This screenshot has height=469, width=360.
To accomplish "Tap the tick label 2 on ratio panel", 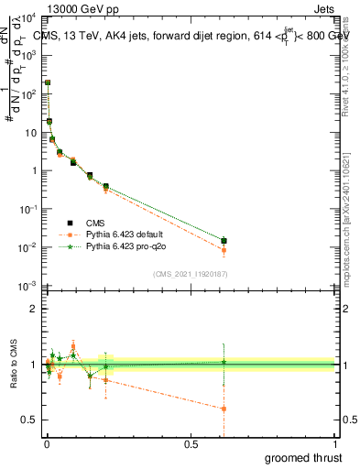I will tap(33, 309).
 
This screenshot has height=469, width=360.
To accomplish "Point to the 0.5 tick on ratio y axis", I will tap(29, 420).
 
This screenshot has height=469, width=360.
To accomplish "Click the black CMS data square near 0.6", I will tap(224, 241).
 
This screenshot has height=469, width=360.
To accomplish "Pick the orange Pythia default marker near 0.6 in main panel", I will tap(224, 250).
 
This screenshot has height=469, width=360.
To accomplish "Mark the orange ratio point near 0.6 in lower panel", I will tap(224, 409).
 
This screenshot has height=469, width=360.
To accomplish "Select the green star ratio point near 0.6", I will tap(224, 362).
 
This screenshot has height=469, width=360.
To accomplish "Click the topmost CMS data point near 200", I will tap(48, 82).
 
